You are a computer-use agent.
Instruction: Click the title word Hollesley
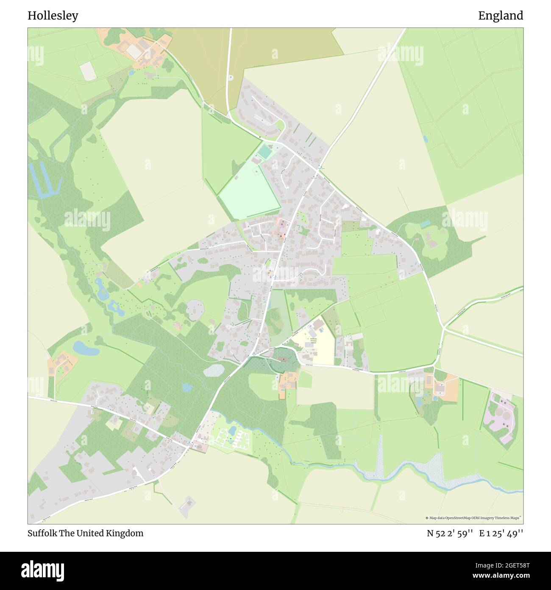click(53, 16)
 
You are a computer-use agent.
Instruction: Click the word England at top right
click(501, 16)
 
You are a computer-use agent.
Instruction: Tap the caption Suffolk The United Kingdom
click(86, 533)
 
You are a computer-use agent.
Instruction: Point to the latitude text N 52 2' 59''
click(450, 533)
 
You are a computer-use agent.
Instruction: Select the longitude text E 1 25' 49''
click(501, 533)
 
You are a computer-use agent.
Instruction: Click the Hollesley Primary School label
click(314, 340)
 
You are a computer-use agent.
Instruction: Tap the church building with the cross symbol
click(284, 360)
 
